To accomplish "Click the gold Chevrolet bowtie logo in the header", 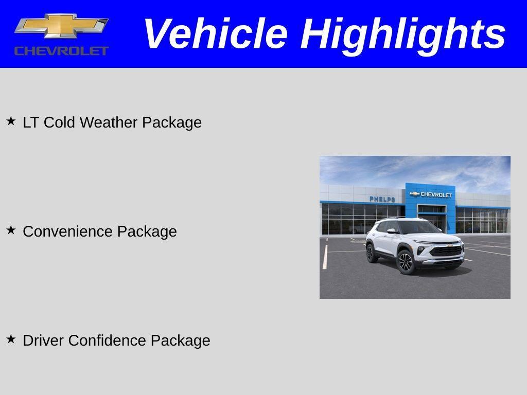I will pos(61,26).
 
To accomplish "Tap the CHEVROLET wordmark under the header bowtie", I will pos(61,50).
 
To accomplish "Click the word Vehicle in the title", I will pos(215,34).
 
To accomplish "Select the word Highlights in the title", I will pos(403,34).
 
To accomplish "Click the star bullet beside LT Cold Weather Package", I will pos(11,121).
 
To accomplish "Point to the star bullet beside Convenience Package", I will pos(11,230).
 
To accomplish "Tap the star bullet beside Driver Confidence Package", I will pos(11,339).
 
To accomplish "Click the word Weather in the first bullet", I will pos(109,122).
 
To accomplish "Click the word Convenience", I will pos(68,231).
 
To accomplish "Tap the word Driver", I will pos(44,340).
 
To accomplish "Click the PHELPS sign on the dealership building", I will pos(382,199).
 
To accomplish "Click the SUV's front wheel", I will pos(406,262).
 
